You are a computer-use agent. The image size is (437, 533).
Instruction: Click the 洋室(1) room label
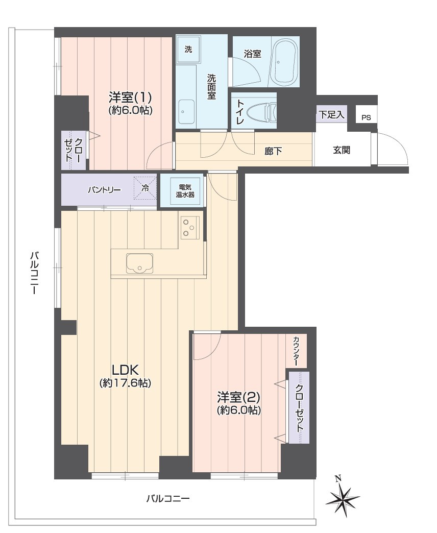pos(130,98)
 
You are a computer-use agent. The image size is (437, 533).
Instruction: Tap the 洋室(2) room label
pos(239,397)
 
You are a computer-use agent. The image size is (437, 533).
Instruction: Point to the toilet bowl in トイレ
pos(262,112)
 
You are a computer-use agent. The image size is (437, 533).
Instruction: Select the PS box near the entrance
pos(367,117)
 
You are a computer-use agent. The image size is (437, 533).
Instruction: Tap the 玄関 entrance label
pos(342,150)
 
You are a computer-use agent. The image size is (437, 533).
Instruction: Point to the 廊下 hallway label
pos(273,151)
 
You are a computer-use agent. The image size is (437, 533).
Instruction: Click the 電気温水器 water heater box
pos(185,191)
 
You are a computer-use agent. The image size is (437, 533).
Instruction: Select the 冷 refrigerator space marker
pos(145,188)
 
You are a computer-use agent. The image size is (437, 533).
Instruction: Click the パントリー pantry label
pos(104,190)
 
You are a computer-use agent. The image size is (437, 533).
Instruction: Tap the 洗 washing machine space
pos(188,50)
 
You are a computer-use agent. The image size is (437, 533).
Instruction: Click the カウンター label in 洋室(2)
pos(296,351)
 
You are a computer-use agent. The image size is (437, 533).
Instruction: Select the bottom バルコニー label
pos(168,499)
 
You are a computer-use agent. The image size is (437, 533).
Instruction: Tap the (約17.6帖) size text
pos(125,383)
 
